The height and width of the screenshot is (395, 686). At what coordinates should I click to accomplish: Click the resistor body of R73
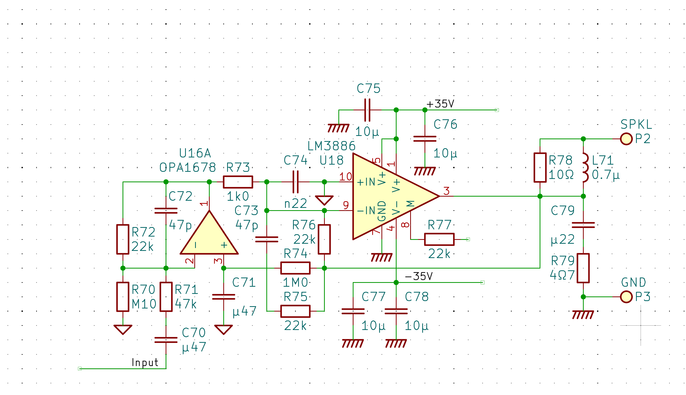[x=238, y=182]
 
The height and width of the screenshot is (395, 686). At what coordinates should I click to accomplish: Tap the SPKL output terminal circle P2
[x=626, y=139]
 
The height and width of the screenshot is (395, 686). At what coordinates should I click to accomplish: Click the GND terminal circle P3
[x=626, y=297]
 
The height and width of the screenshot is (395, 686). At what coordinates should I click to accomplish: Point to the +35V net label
[x=440, y=104]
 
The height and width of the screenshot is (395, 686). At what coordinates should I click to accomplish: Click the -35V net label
[x=419, y=276]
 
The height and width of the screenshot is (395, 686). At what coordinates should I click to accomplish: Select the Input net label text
[x=145, y=362]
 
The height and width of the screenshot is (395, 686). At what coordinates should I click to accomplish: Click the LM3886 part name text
[x=331, y=146]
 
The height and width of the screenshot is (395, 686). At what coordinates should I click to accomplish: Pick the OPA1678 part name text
[x=188, y=168]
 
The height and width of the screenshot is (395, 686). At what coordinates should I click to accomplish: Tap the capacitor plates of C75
[x=367, y=110]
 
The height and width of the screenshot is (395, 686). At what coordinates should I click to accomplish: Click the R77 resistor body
[x=439, y=239]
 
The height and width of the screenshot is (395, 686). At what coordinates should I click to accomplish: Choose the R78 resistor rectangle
[x=540, y=167]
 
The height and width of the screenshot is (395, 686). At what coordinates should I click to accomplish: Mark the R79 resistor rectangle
[x=583, y=268]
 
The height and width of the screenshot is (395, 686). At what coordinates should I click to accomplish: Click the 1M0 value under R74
[x=295, y=283]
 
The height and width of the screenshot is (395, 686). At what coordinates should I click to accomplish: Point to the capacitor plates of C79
[x=583, y=225]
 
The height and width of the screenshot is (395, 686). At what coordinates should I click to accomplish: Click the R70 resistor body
[x=123, y=297]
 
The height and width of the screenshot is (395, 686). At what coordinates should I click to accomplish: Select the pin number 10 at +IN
[x=345, y=177]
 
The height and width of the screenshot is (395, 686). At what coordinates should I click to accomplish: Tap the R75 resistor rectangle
[x=295, y=311]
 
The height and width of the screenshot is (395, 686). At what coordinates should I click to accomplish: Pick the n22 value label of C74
[x=296, y=204]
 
